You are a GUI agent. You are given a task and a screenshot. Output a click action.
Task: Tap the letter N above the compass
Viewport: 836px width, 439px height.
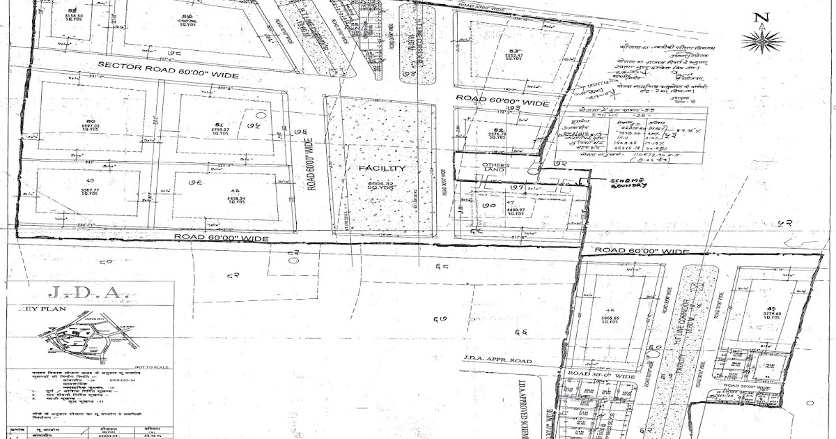[x=764, y=19]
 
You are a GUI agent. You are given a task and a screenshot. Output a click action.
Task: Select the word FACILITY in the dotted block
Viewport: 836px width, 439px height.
[x=378, y=169]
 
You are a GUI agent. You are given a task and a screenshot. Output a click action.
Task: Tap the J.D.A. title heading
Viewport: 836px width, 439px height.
[x=68, y=293]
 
